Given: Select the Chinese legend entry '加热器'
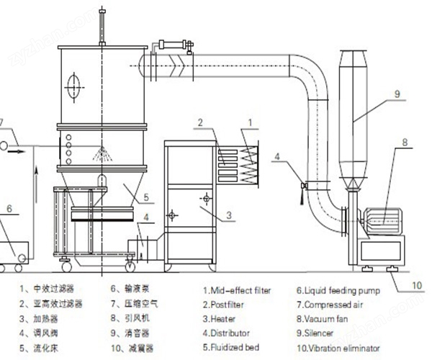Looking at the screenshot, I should pyautogui.click(x=45, y=319).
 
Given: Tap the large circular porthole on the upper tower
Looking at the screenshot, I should pyautogui.click(x=74, y=87).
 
